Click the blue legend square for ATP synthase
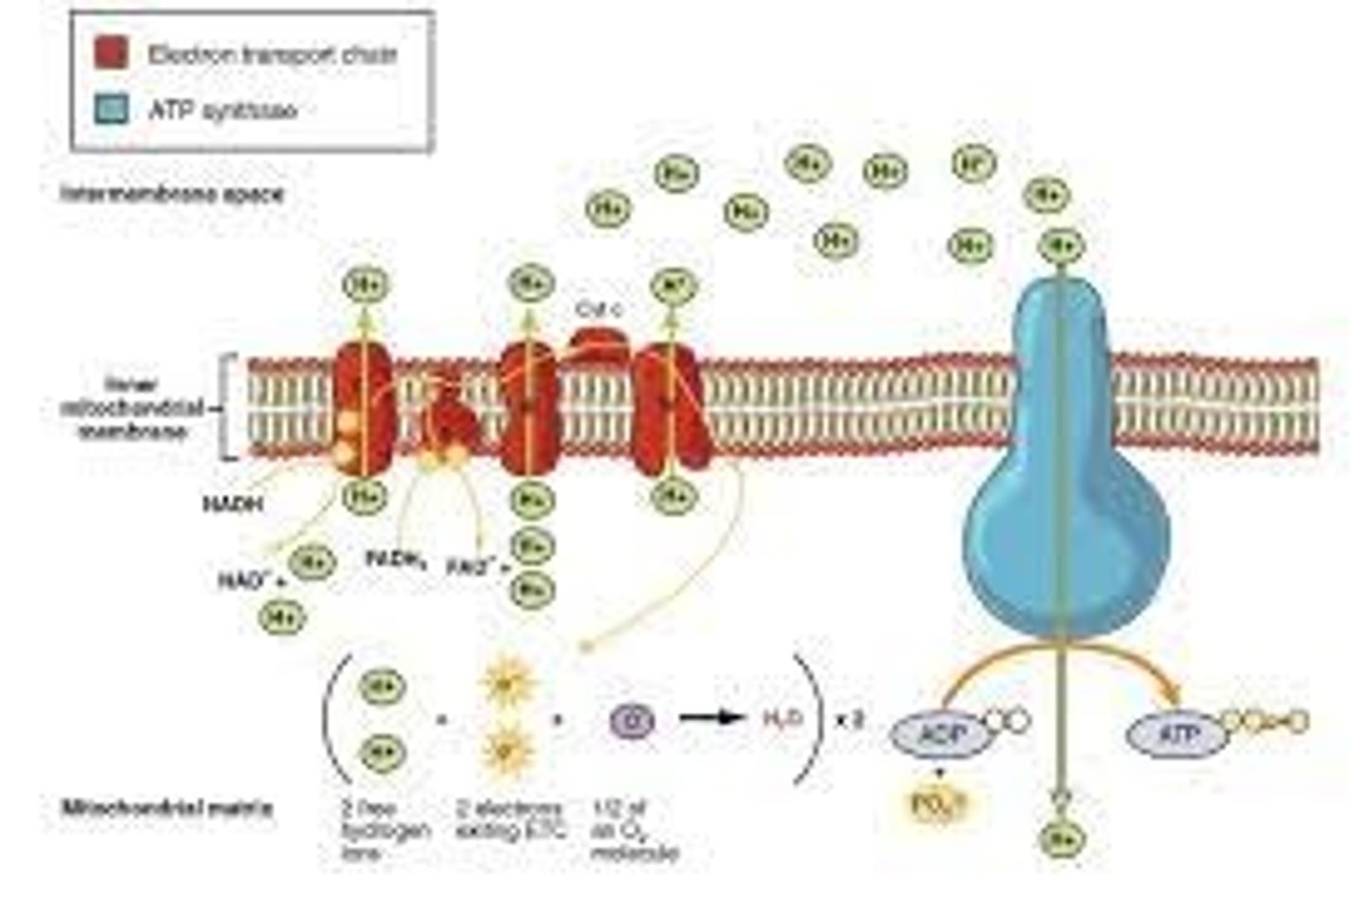(x=111, y=109)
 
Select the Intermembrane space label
(x=171, y=193)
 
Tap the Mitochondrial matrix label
(x=167, y=808)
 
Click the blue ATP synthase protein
(x=1066, y=493)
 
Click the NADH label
(x=232, y=503)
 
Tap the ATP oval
(x=1177, y=734)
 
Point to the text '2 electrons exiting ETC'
(x=509, y=821)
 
